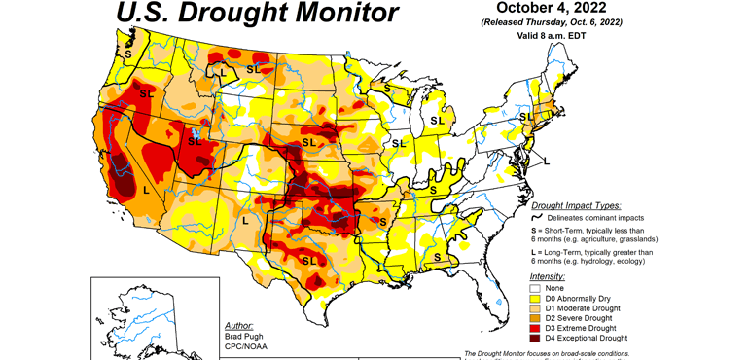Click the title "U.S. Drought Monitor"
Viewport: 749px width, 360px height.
pos(257,14)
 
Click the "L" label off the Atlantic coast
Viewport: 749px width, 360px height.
pos(546,160)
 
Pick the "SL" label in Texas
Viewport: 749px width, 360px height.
pos(309,261)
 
